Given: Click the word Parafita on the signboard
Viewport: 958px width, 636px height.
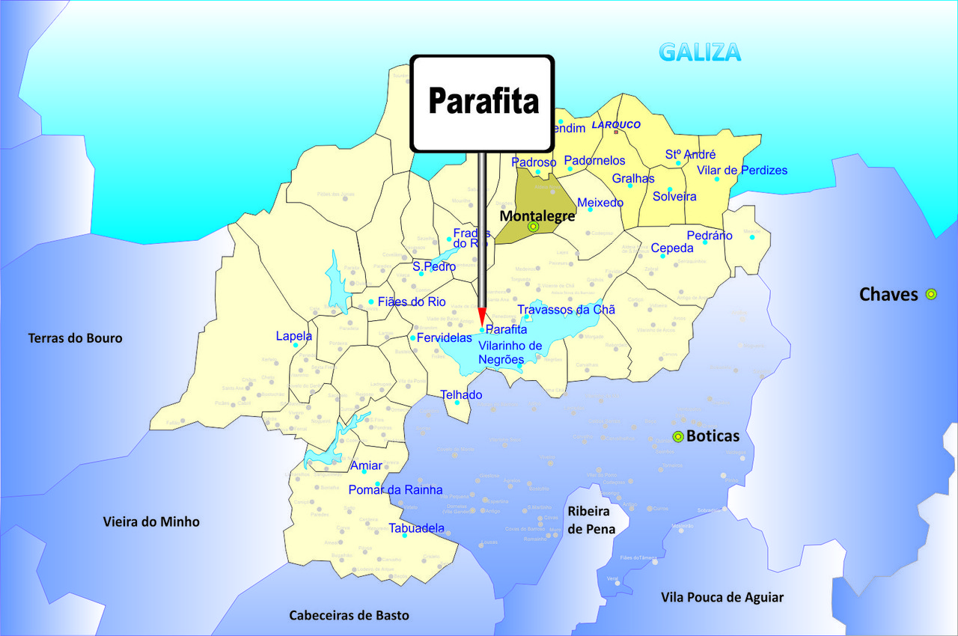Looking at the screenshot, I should coord(483,101).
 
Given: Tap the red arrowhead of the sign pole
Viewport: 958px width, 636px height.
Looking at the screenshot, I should coord(482,316).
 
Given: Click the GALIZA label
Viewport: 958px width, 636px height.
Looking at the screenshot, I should coord(700,52).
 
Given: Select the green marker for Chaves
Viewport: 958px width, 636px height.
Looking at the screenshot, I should coord(931,294).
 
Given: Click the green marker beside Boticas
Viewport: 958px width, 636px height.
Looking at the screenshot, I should coord(678,437).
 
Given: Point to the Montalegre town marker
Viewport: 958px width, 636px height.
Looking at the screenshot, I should coord(533,226).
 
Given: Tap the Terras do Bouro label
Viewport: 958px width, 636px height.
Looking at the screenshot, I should coord(75,338).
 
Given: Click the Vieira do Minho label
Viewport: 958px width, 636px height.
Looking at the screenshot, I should coord(151,522).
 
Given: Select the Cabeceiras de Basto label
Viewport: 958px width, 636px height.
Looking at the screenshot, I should coord(350,615).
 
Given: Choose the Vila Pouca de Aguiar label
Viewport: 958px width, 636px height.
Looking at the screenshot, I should coord(722,597).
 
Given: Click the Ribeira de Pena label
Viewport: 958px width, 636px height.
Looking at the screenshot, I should coord(591,520).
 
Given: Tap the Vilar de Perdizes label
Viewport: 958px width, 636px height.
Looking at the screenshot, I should coord(742,171).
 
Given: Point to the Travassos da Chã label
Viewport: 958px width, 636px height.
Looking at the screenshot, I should coord(566,310).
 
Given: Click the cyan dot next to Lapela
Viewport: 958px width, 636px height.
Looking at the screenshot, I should coord(296,345).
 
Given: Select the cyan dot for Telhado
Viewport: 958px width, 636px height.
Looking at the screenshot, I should coord(457,403).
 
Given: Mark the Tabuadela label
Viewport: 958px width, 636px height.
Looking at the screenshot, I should coord(416,528).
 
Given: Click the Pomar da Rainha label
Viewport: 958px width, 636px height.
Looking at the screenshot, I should coord(395,490).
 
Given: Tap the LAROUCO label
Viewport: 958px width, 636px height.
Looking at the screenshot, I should coord(616,125).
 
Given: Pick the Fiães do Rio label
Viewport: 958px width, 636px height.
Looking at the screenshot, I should coord(412,302).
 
